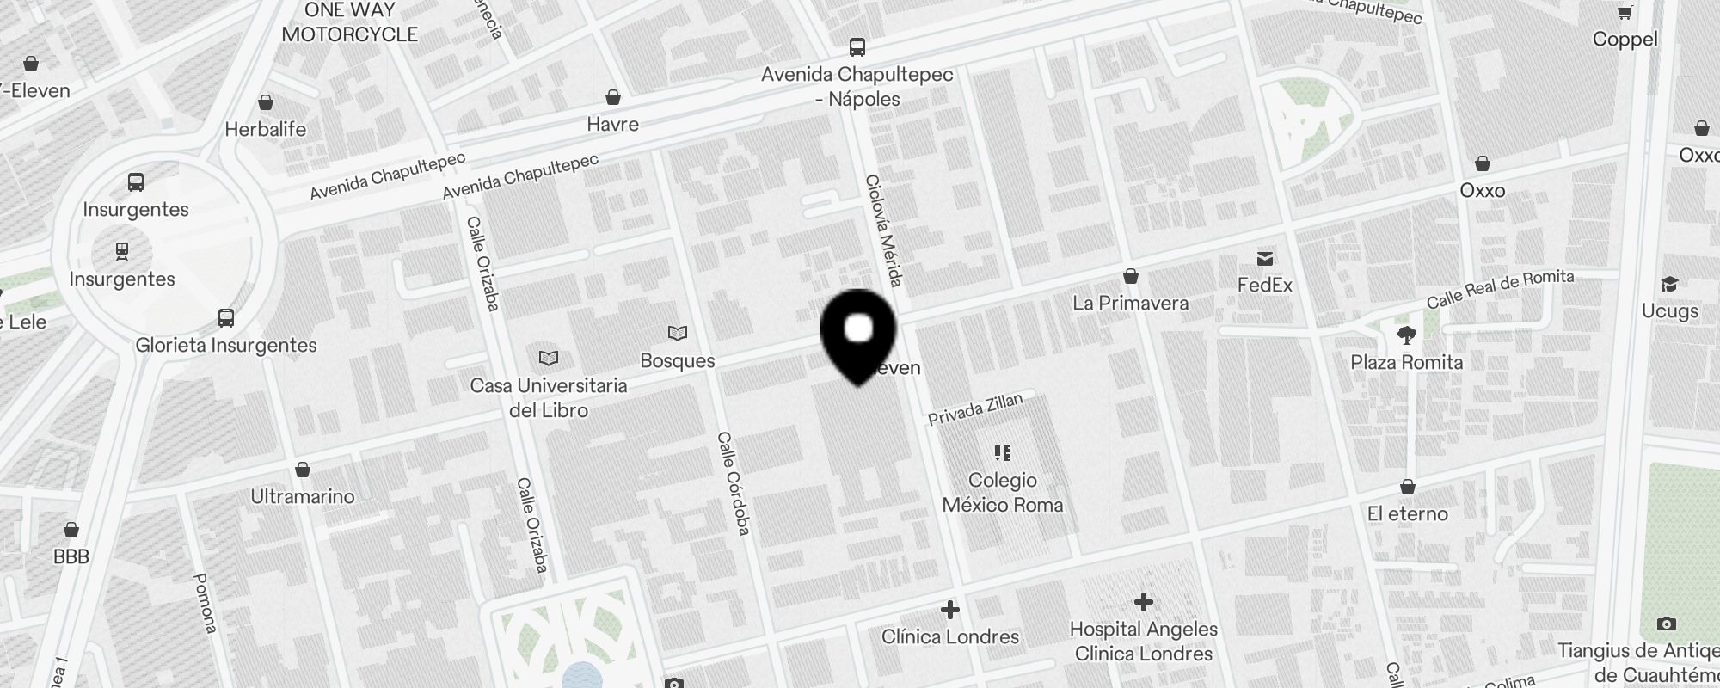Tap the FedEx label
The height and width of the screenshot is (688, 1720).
click(x=1264, y=285)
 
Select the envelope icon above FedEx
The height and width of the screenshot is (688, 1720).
click(x=1265, y=259)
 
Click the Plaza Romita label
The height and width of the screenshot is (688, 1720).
click(x=1406, y=362)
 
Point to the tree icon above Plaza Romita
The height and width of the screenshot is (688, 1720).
click(x=1407, y=335)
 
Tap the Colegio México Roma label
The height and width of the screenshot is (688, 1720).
click(x=1003, y=492)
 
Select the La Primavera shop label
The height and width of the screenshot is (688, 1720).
click(x=1130, y=303)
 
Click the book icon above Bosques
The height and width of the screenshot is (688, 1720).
click(x=678, y=333)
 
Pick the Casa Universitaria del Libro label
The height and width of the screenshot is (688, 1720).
click(x=549, y=397)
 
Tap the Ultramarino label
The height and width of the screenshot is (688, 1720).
click(x=303, y=496)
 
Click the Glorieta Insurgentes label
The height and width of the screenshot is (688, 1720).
click(x=226, y=345)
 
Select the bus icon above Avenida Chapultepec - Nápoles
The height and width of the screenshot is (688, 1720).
click(x=857, y=47)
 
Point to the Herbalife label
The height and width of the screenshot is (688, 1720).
click(x=265, y=129)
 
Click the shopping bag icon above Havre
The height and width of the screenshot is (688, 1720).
click(x=613, y=97)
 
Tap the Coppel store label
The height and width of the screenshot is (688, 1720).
click(x=1625, y=39)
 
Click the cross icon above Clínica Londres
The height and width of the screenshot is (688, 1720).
click(x=950, y=610)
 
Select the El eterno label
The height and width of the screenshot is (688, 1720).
click(x=1407, y=513)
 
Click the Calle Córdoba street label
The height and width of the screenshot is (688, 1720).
click(x=734, y=483)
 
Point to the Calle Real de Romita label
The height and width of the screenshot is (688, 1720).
click(x=1500, y=289)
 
